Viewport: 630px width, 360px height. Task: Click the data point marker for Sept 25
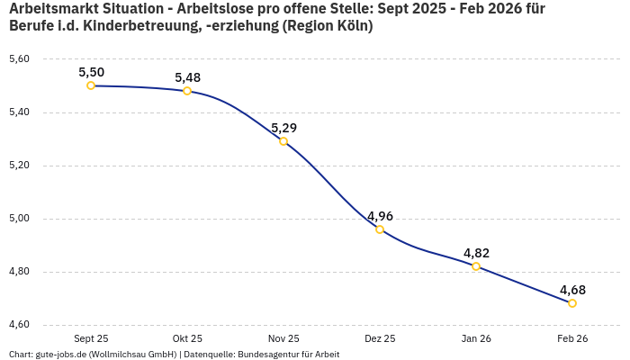pos(91,85)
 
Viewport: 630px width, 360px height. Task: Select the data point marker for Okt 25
pos(187,91)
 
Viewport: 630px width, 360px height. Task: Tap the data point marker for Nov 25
pos(283,141)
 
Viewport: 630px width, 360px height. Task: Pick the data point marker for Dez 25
pos(380,229)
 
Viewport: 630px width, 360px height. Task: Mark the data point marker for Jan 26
pos(476,266)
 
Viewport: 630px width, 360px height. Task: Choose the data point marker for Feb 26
pos(572,303)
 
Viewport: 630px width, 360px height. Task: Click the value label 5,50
pos(91,72)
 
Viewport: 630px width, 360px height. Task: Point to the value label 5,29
pos(283,128)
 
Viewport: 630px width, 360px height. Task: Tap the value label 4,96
pos(380,216)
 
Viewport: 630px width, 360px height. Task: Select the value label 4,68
pos(572,290)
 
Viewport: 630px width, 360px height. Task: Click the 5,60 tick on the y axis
pos(19,59)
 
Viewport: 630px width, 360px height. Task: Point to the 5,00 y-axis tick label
pos(19,219)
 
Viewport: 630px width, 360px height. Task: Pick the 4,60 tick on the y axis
pos(19,325)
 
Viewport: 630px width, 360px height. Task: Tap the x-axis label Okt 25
pos(187,338)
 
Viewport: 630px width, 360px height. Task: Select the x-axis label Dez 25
pos(380,338)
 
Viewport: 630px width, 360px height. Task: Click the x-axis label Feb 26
pos(572,338)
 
